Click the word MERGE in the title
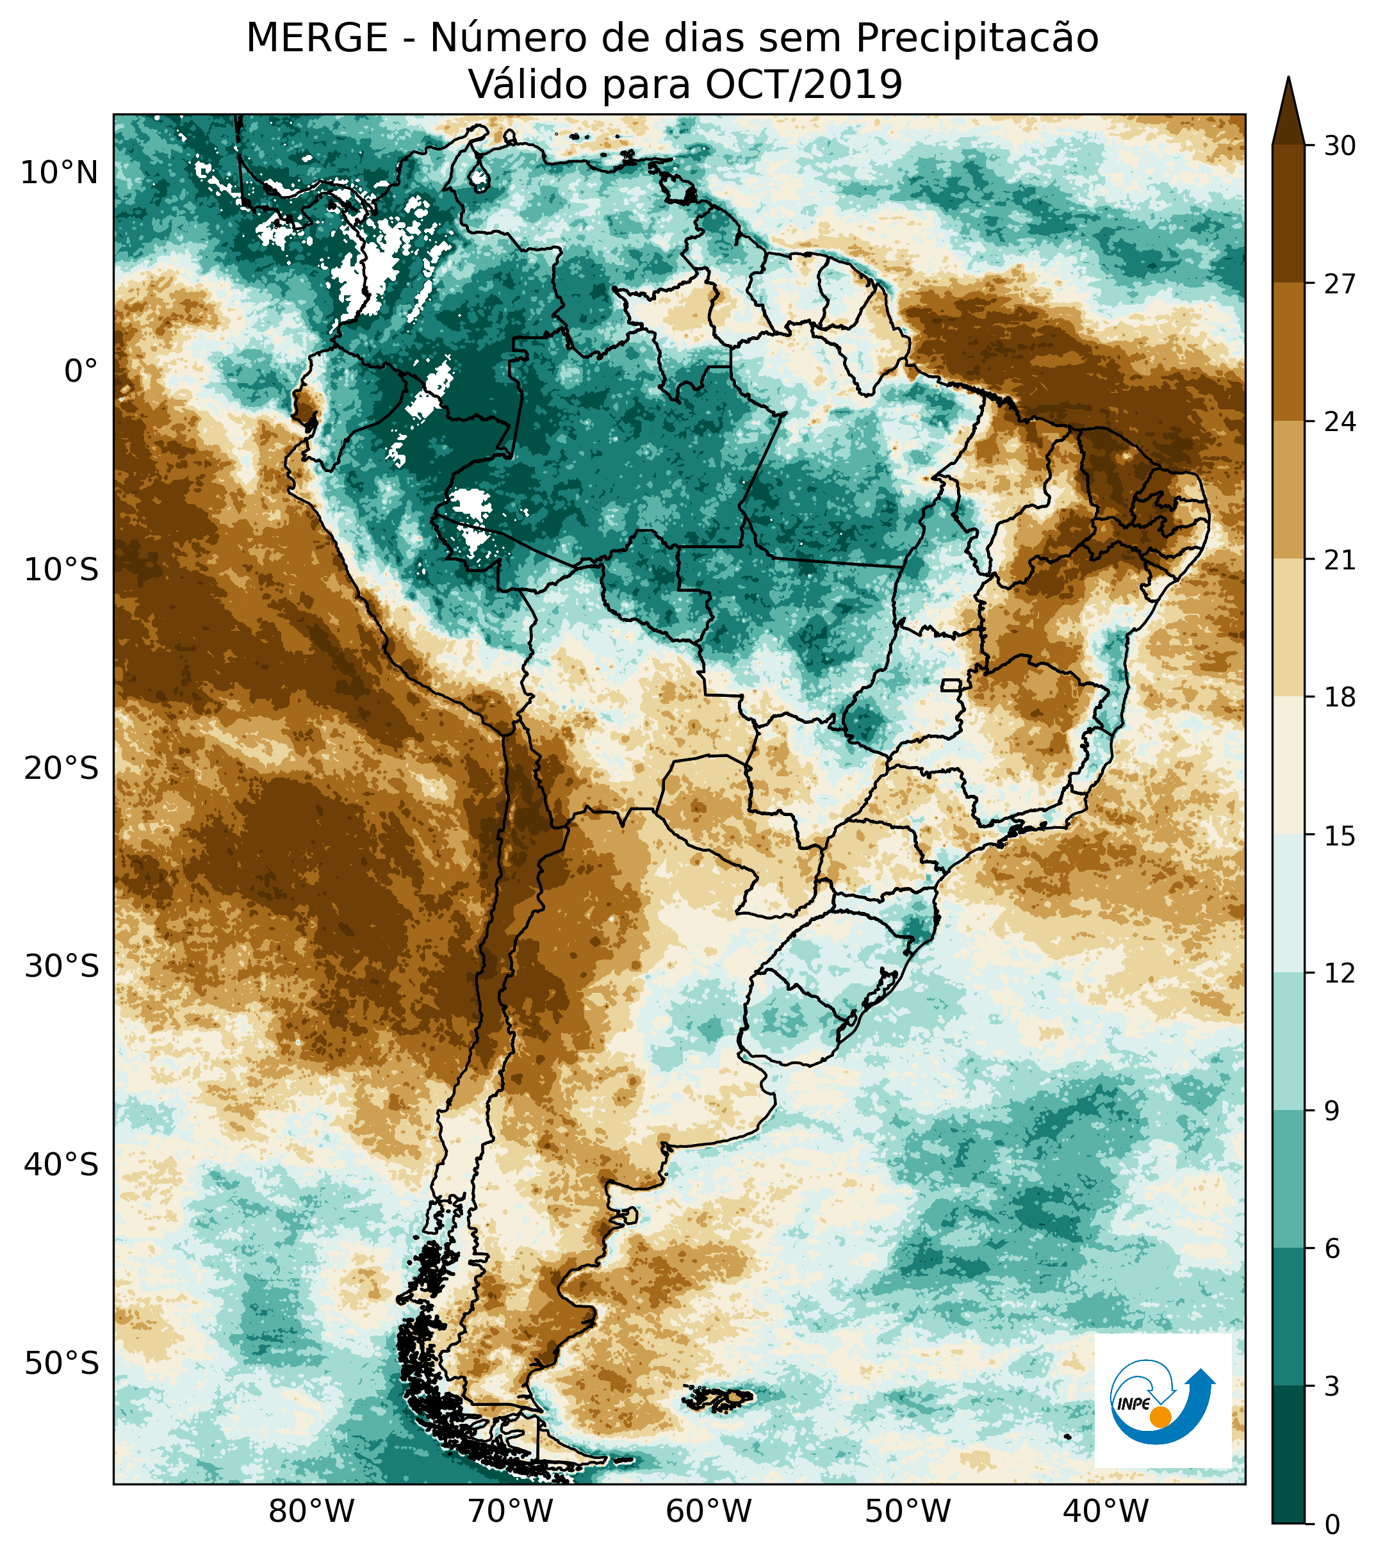click(x=316, y=38)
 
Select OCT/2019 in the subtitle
click(x=804, y=84)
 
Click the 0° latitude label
click(x=81, y=371)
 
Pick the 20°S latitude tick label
click(x=61, y=768)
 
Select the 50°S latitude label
click(x=61, y=1363)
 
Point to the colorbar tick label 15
click(x=1339, y=837)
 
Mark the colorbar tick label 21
click(x=1339, y=560)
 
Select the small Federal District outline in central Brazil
click(x=951, y=684)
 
